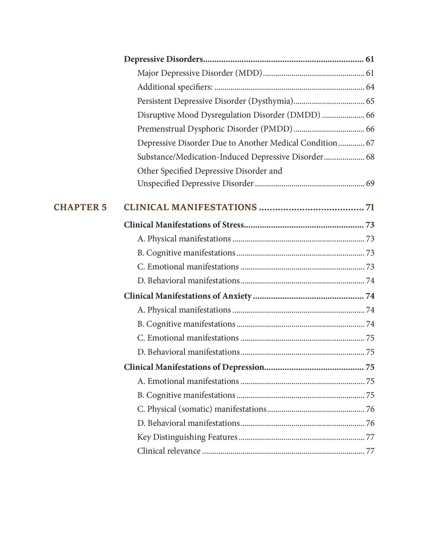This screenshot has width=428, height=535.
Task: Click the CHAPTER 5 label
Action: point(80,208)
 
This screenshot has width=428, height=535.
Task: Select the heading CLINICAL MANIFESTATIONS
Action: point(190,208)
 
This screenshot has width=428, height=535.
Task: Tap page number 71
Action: point(370,208)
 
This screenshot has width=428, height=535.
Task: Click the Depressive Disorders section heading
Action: point(163,59)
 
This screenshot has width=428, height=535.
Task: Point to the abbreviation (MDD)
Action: point(249,73)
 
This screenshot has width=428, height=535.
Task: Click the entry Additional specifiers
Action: point(175,87)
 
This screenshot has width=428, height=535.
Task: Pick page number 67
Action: point(370,143)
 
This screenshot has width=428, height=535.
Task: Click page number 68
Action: point(370,157)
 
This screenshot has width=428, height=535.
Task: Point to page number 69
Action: point(370,184)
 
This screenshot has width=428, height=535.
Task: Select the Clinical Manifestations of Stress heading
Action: point(184,225)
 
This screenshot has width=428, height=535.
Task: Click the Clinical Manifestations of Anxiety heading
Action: point(187,296)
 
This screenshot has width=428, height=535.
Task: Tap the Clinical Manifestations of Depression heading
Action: point(194,367)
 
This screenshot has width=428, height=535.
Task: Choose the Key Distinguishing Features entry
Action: point(187,437)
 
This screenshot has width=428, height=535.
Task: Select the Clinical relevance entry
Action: point(169,451)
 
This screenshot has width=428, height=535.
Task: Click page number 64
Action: point(370,87)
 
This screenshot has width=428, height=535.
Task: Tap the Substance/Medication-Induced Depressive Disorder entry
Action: point(230,157)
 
